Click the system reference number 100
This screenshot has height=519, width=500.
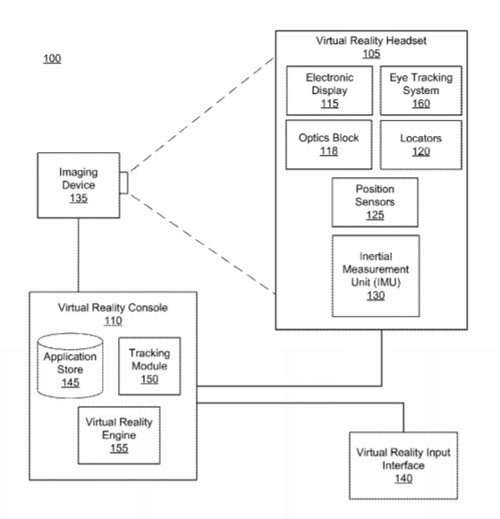click(x=52, y=58)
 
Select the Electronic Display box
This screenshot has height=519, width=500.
click(x=329, y=90)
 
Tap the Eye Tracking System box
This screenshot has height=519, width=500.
click(x=421, y=90)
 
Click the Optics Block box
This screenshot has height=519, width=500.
click(x=329, y=145)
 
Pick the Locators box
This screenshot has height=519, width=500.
click(x=421, y=145)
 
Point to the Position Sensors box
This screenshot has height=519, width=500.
click(x=375, y=202)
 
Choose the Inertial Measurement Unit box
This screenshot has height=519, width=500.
click(x=376, y=276)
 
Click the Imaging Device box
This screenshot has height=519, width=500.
click(x=79, y=185)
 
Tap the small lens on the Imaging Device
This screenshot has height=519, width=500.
click(x=123, y=183)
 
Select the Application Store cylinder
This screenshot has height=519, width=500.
click(x=70, y=365)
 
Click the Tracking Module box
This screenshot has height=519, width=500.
click(x=149, y=366)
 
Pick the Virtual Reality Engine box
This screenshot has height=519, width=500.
click(x=119, y=435)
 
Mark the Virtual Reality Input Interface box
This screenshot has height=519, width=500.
click(x=403, y=465)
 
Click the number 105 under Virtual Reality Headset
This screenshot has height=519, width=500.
click(x=371, y=54)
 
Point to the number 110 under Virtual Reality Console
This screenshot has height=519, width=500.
click(x=114, y=320)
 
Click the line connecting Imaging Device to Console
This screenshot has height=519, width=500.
click(x=79, y=255)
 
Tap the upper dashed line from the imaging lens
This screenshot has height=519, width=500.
click(x=202, y=115)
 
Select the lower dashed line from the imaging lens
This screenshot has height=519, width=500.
click(x=202, y=244)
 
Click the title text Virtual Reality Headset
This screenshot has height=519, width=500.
click(x=371, y=40)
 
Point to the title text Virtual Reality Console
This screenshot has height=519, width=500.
click(x=113, y=308)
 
